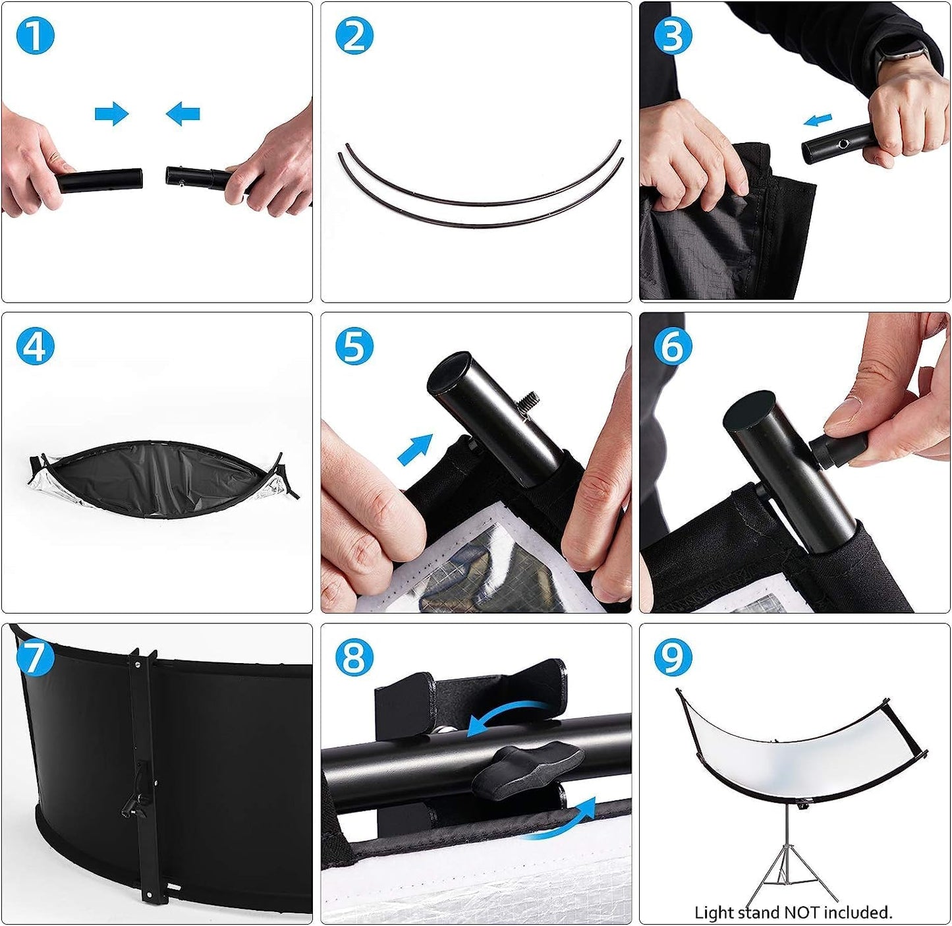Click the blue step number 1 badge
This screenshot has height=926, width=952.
pyautogui.click(x=36, y=35)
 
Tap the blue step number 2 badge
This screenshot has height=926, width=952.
pyautogui.click(x=354, y=35)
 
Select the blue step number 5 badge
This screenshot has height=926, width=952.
pyautogui.click(x=354, y=345)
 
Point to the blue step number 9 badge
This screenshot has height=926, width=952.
pyautogui.click(x=673, y=657)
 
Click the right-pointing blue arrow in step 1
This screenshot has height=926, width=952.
pyautogui.click(x=111, y=113)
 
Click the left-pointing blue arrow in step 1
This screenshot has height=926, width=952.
pyautogui.click(x=183, y=113)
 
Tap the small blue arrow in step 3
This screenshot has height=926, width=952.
pyautogui.click(x=818, y=119)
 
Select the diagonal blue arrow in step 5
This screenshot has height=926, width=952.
pyautogui.click(x=415, y=449)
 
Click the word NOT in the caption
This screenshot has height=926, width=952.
pyautogui.click(x=803, y=912)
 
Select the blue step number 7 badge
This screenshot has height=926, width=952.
pyautogui.click(x=36, y=657)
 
